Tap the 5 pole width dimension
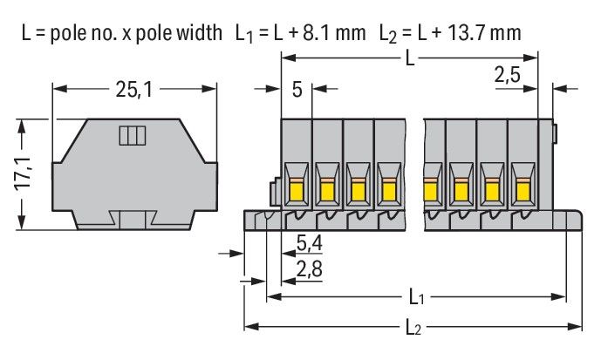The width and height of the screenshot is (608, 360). pos(297,89)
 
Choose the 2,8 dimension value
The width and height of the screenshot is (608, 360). pos(308,270)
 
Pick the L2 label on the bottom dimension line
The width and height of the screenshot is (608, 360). pos(416,327)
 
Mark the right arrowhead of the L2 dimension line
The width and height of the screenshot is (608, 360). pos(577,328)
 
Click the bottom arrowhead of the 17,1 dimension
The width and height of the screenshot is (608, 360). pos(24,225)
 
